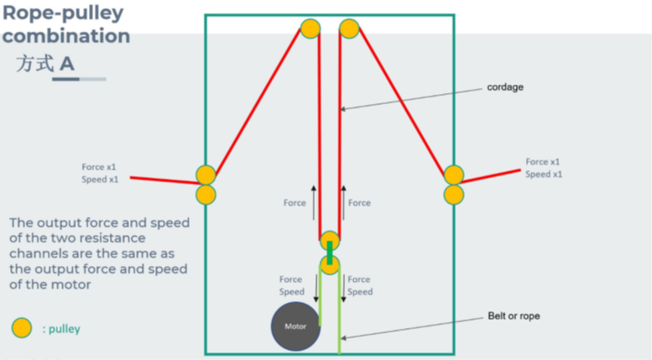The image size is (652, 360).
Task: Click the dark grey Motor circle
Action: click(x=295, y=326)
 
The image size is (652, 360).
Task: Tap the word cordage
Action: click(x=505, y=87)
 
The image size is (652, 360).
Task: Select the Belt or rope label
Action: click(x=514, y=316)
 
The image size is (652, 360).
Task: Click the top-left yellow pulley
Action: click(x=310, y=29)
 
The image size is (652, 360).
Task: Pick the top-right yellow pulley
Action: click(x=349, y=29)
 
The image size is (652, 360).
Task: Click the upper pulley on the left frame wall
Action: click(x=206, y=175)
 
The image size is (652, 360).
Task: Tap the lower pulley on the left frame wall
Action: click(x=206, y=195)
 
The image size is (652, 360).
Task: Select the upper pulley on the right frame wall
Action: click(x=453, y=175)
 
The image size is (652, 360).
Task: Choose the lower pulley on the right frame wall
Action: click(x=453, y=195)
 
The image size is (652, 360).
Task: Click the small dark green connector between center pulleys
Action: click(x=330, y=253)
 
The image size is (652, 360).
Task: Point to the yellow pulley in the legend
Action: click(x=22, y=328)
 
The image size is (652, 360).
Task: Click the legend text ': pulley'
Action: click(x=61, y=329)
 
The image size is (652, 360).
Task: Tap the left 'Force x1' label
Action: click(x=100, y=166)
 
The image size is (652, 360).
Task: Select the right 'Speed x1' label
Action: click(x=544, y=175)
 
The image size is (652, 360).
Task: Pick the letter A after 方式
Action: click(x=67, y=64)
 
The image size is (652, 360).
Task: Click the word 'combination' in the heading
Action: click(x=66, y=36)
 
